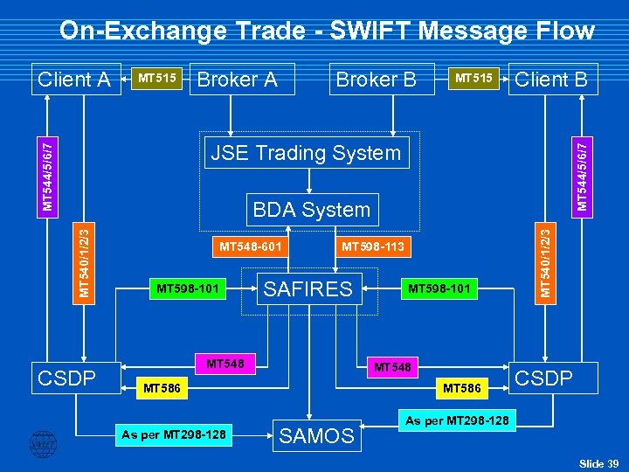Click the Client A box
click(74, 80)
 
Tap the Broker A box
click(237, 80)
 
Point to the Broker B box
click(376, 80)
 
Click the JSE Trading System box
click(306, 153)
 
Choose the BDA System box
click(312, 210)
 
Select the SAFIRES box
click(308, 288)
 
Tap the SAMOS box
click(316, 434)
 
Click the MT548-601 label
click(250, 246)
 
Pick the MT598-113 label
click(372, 246)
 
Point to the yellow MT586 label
click(163, 386)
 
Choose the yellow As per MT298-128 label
click(174, 434)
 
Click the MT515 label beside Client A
click(157, 79)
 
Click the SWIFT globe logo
click(41, 443)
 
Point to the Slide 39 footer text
click(598, 462)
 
